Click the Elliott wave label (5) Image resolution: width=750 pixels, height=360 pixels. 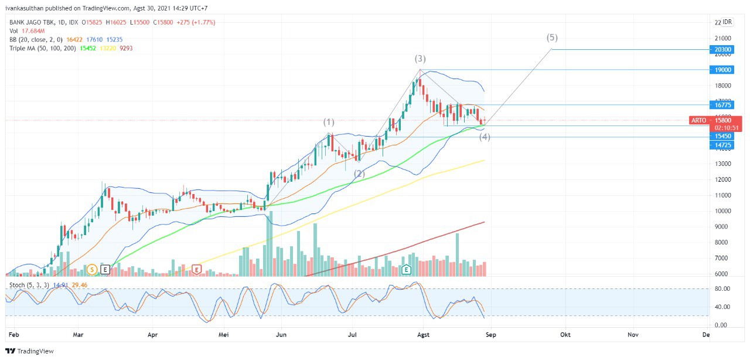(552, 38)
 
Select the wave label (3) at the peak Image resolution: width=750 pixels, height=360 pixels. (420, 59)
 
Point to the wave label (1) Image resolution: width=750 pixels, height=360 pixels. (329, 122)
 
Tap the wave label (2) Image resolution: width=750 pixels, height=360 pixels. (359, 174)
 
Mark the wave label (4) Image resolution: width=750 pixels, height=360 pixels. (485, 137)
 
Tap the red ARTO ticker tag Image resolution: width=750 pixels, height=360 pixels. (698, 120)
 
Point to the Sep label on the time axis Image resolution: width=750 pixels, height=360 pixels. (490, 334)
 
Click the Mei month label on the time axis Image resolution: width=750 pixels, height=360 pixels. (223, 334)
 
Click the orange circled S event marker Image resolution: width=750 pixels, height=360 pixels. (91, 270)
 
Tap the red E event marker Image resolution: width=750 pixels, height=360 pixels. (197, 270)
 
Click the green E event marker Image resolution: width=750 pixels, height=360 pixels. (406, 270)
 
